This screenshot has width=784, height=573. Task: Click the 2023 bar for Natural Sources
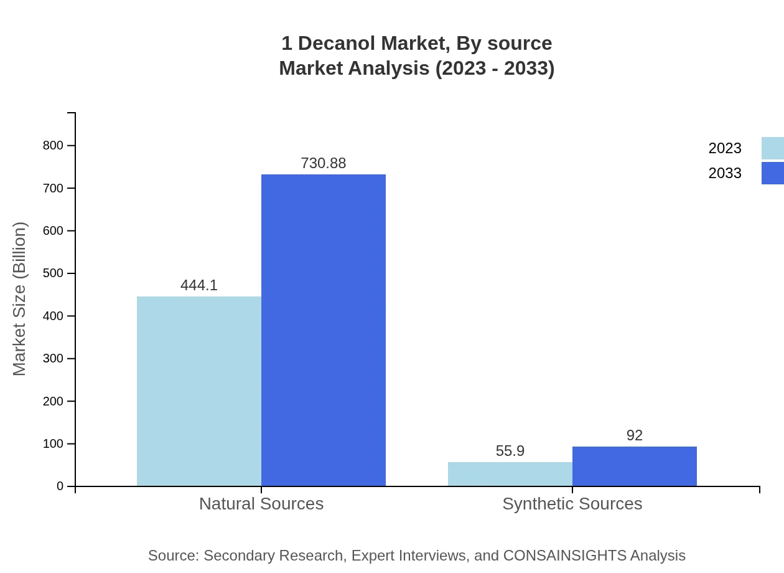tap(199, 391)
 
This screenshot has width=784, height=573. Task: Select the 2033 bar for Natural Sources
tap(324, 330)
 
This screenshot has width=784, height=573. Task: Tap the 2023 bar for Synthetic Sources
tap(510, 474)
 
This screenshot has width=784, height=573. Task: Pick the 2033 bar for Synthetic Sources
tap(635, 466)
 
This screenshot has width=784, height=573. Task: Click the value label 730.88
tap(324, 163)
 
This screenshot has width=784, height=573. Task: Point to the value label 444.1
tap(199, 285)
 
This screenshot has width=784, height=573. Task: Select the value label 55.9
tap(510, 451)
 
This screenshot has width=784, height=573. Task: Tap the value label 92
tap(635, 435)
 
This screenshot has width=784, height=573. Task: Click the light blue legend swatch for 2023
tap(773, 148)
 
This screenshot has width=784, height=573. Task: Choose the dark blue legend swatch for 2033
tap(773, 173)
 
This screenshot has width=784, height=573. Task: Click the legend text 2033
tap(725, 173)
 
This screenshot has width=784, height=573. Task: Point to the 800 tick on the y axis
tap(53, 146)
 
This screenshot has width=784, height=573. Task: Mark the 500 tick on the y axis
tap(53, 273)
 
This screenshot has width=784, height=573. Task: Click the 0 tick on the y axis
tap(60, 486)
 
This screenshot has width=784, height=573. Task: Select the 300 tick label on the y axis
tap(53, 359)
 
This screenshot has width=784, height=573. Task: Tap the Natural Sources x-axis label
tap(261, 503)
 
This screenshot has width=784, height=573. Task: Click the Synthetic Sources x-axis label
tap(572, 503)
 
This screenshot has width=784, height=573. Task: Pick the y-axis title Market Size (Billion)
tap(20, 299)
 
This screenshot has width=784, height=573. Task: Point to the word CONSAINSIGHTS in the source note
tap(564, 556)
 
